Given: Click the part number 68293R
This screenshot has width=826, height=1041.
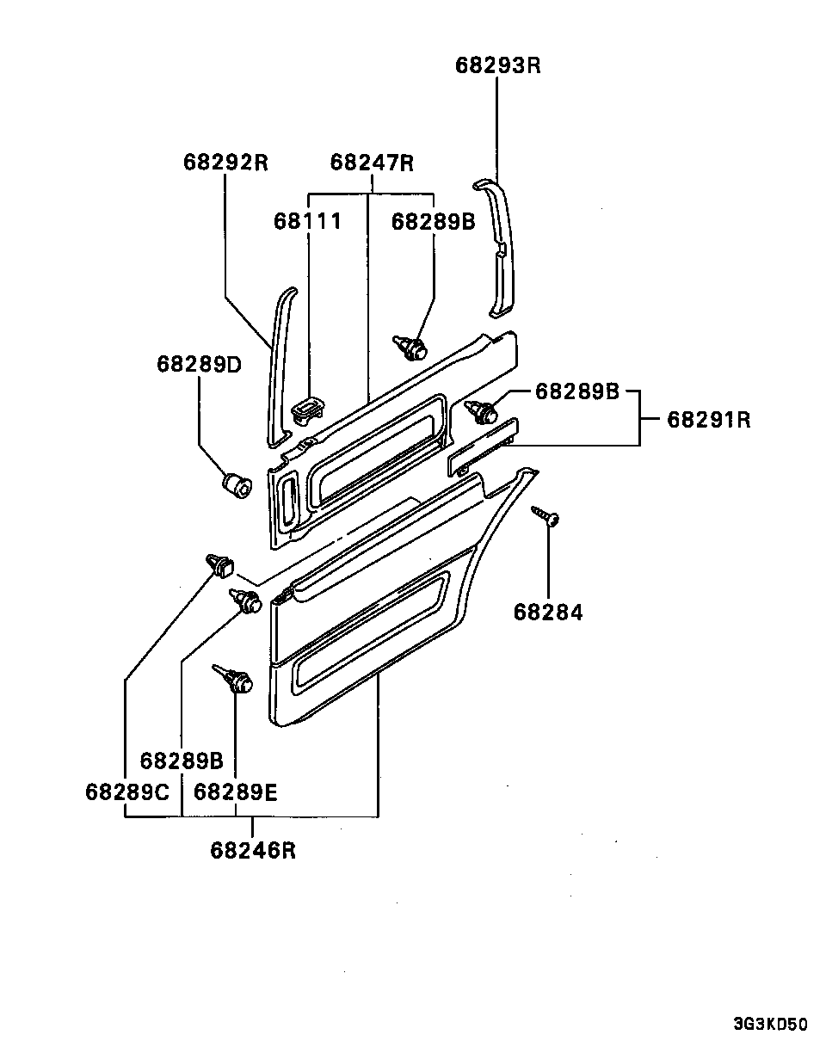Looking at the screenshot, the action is click(498, 65).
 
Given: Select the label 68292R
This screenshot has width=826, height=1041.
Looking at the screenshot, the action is click(225, 163).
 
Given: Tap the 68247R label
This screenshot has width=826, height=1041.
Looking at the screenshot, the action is click(372, 163).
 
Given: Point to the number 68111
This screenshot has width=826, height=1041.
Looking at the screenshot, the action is click(308, 222).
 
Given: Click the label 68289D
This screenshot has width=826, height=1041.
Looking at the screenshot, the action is click(199, 364).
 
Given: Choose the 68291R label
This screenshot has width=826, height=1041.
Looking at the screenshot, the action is click(709, 419).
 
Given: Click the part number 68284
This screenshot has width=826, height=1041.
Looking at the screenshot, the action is click(548, 613).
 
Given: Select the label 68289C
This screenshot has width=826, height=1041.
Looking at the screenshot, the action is click(127, 792).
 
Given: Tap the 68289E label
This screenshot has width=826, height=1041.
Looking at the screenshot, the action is click(236, 792).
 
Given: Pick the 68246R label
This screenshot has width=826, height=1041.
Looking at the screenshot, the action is click(253, 851).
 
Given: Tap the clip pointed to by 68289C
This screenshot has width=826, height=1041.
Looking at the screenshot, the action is click(220, 565).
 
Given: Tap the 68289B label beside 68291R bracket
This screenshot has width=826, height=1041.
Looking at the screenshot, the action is click(577, 391).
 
